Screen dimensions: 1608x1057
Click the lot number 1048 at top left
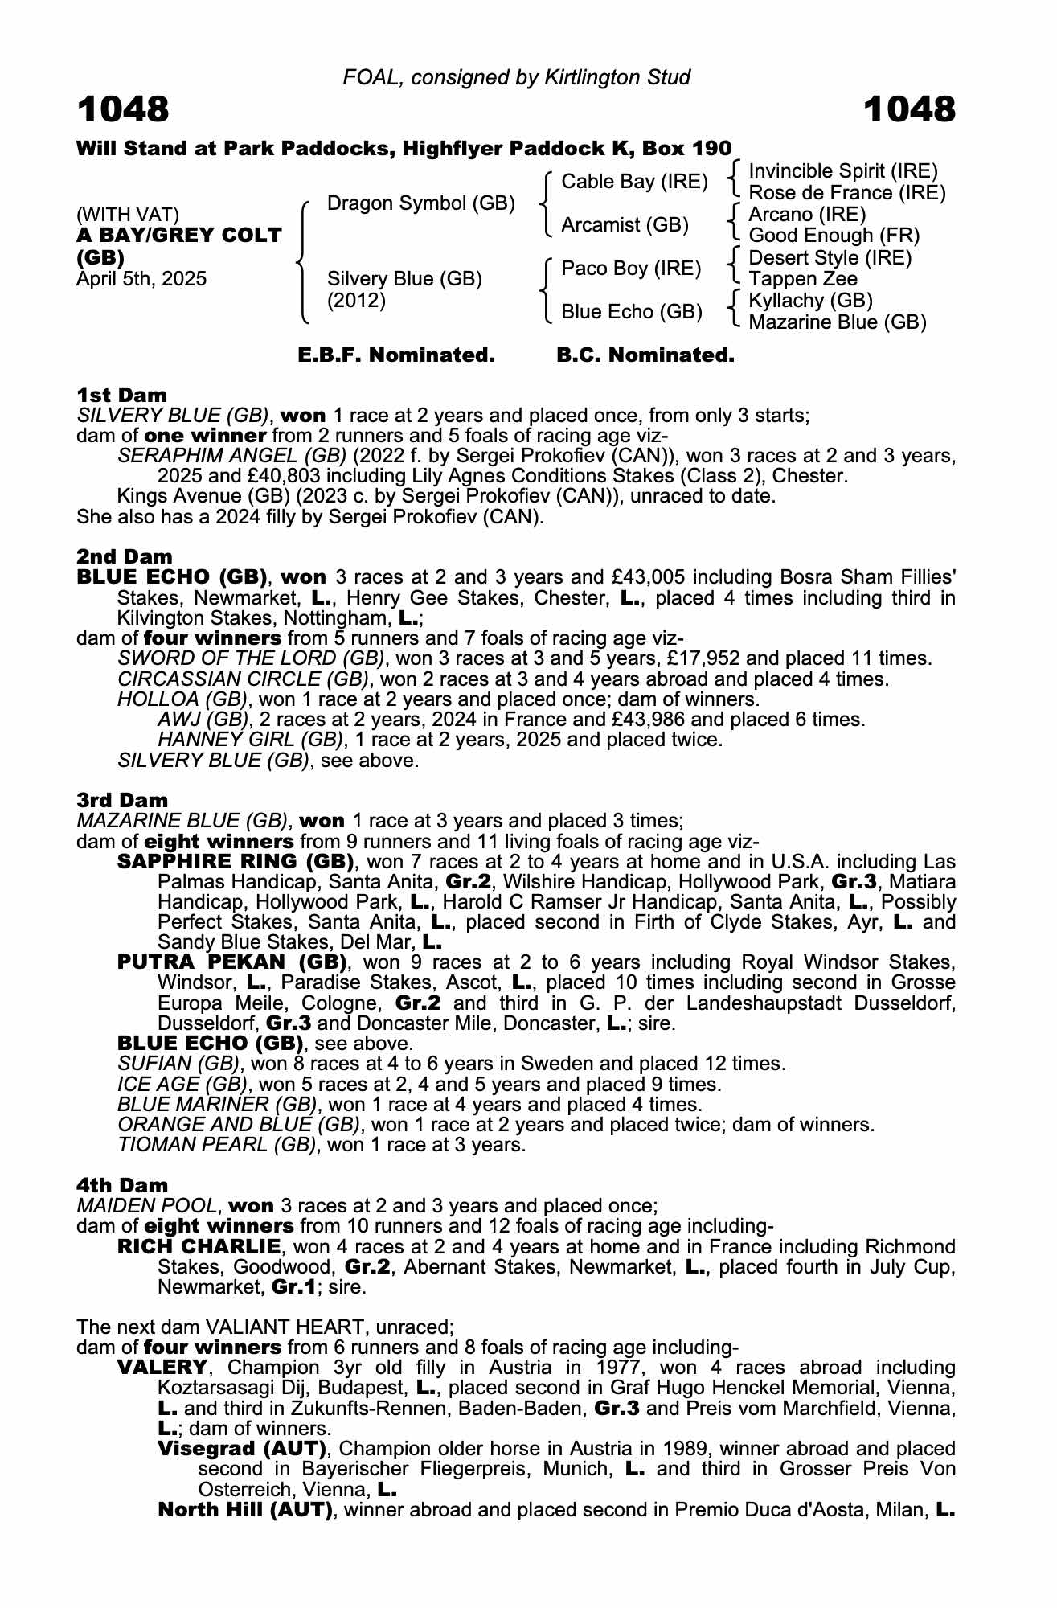123,109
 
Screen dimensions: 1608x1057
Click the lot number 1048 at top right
909,109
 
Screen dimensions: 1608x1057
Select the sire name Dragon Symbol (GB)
421,203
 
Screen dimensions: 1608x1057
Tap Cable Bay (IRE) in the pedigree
634,182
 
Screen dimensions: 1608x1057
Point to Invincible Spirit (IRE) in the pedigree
843,171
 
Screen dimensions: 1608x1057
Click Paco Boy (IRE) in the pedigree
631,268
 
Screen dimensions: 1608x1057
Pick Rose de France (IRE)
847,193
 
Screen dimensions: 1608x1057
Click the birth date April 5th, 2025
141,279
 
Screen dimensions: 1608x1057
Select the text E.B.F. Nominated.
396,355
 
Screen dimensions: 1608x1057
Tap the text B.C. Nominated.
645,355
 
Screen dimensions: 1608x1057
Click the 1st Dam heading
121,395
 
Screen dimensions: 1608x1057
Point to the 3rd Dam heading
122,800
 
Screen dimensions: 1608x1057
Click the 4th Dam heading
122,1185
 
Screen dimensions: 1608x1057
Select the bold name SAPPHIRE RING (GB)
236,862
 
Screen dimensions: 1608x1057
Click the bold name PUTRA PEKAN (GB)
231,962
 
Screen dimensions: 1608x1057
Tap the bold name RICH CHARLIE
199,1247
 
